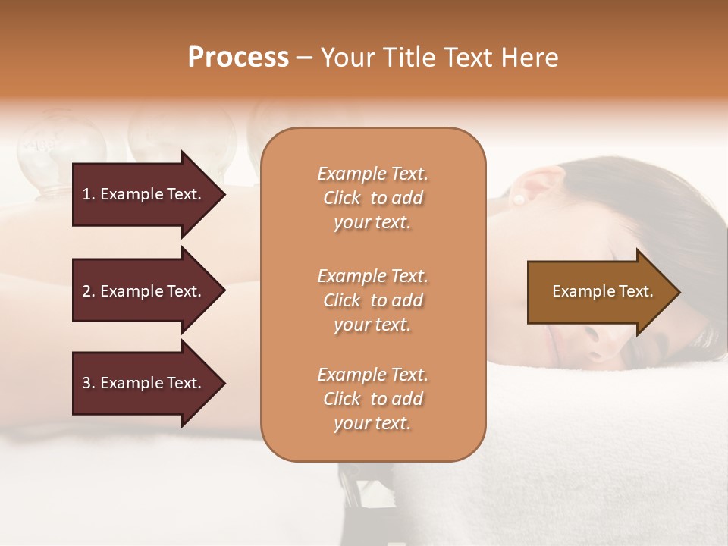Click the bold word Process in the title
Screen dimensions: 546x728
pyautogui.click(x=238, y=58)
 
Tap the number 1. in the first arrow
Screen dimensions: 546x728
pyautogui.click(x=89, y=194)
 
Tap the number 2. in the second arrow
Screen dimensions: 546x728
pyautogui.click(x=89, y=291)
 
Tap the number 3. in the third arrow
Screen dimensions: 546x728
pyautogui.click(x=89, y=383)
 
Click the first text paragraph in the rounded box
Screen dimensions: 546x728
pyautogui.click(x=372, y=198)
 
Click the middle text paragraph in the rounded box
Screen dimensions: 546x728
pyautogui.click(x=372, y=300)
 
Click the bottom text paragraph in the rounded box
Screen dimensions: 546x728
pyautogui.click(x=372, y=399)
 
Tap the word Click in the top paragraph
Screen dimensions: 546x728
pyautogui.click(x=342, y=198)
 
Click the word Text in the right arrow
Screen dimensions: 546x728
pyautogui.click(x=636, y=291)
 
